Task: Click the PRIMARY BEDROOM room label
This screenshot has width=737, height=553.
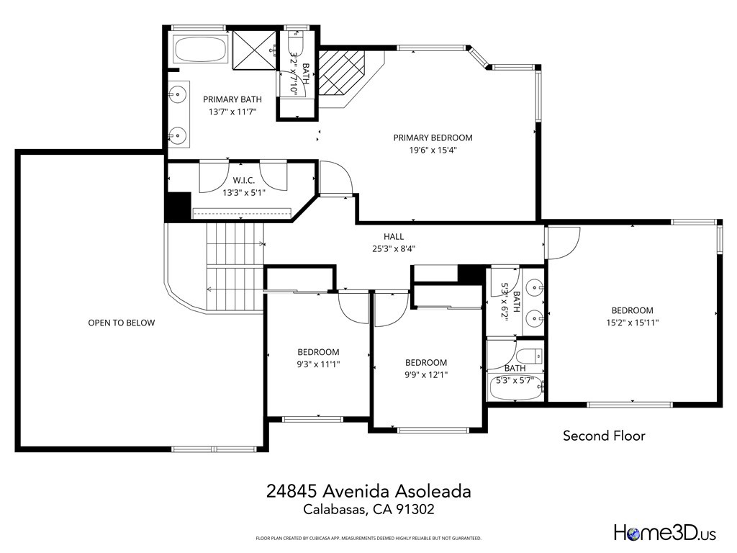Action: [x=433, y=138]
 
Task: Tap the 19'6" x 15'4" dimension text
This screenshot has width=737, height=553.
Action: [x=433, y=150]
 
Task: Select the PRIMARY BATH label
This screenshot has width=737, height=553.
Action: [x=232, y=99]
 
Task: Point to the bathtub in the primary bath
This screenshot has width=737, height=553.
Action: [x=199, y=50]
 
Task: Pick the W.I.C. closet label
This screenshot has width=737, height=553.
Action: [x=244, y=180]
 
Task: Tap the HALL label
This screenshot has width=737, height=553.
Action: [x=393, y=236]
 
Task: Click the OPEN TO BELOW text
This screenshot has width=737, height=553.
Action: [x=121, y=323]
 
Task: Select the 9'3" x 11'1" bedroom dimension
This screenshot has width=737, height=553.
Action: [x=318, y=364]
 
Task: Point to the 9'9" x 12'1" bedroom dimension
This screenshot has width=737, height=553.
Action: [x=425, y=375]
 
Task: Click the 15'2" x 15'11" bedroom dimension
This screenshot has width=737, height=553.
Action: [x=632, y=323]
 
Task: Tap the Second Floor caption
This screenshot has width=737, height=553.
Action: [x=604, y=436]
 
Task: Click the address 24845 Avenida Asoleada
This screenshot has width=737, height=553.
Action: [x=368, y=491]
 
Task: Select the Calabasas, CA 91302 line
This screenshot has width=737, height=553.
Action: [x=368, y=510]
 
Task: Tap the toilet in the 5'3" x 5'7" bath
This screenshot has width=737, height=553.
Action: [x=530, y=356]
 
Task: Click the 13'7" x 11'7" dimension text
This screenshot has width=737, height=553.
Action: [x=232, y=112]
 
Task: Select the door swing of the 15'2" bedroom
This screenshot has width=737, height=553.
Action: [x=564, y=243]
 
